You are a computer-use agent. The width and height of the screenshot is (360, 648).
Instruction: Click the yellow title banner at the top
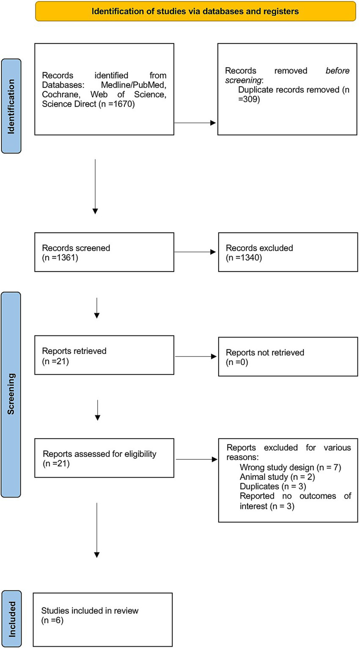coord(195,11)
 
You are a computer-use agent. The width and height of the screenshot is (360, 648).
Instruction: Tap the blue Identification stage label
coord(11,106)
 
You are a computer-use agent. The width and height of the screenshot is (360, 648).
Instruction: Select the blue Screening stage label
coord(11,394)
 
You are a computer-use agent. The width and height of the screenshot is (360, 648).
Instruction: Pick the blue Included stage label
coord(11,619)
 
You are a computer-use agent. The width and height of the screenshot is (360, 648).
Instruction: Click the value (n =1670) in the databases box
coord(116,104)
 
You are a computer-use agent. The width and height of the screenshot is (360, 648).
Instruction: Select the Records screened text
coord(76,248)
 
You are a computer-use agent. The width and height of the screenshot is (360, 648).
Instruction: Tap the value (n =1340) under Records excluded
coord(244,258)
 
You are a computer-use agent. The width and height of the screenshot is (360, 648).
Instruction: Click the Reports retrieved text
coord(74,351)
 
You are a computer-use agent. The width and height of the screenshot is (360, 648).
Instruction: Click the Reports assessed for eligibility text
coord(99,454)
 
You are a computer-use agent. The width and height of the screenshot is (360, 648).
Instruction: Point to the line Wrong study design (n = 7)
coord(290,467)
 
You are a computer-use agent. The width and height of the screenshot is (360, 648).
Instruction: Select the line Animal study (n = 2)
coord(277,477)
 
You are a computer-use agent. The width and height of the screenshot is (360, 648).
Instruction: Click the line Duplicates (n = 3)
coord(273,486)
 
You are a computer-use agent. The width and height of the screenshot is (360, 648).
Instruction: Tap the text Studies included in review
coord(90,610)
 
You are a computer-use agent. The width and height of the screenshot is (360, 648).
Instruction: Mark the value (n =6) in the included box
coord(52,621)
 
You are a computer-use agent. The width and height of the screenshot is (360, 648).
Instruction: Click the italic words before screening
coord(288,75)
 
